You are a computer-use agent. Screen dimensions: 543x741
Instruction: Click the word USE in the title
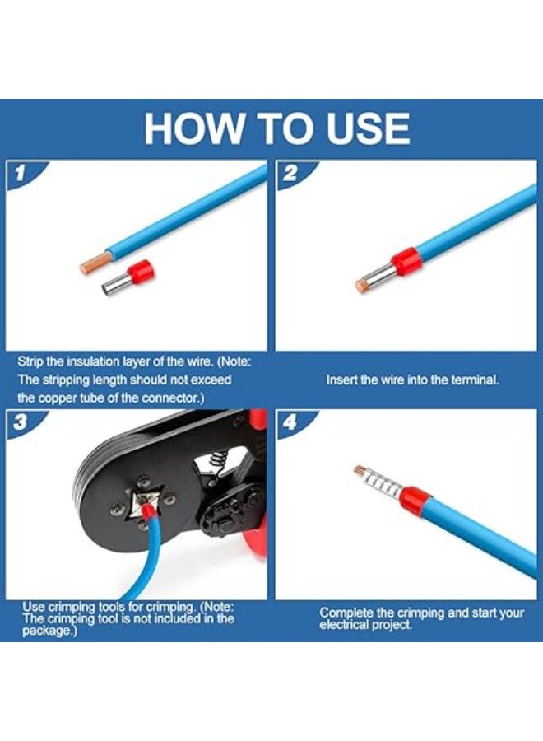tap(369, 128)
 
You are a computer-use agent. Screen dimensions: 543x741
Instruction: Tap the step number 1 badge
tap(20, 174)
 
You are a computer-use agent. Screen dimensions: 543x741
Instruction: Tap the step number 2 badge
tap(290, 174)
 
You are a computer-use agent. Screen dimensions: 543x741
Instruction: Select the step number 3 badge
tap(20, 422)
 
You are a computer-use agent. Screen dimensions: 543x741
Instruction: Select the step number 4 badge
tap(290, 422)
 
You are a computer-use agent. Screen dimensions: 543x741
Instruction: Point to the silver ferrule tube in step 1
tap(117, 285)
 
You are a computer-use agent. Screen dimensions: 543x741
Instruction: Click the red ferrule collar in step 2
tap(406, 260)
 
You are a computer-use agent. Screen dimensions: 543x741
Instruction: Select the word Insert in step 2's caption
tap(341, 380)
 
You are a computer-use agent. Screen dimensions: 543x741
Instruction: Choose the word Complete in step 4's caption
tap(346, 613)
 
